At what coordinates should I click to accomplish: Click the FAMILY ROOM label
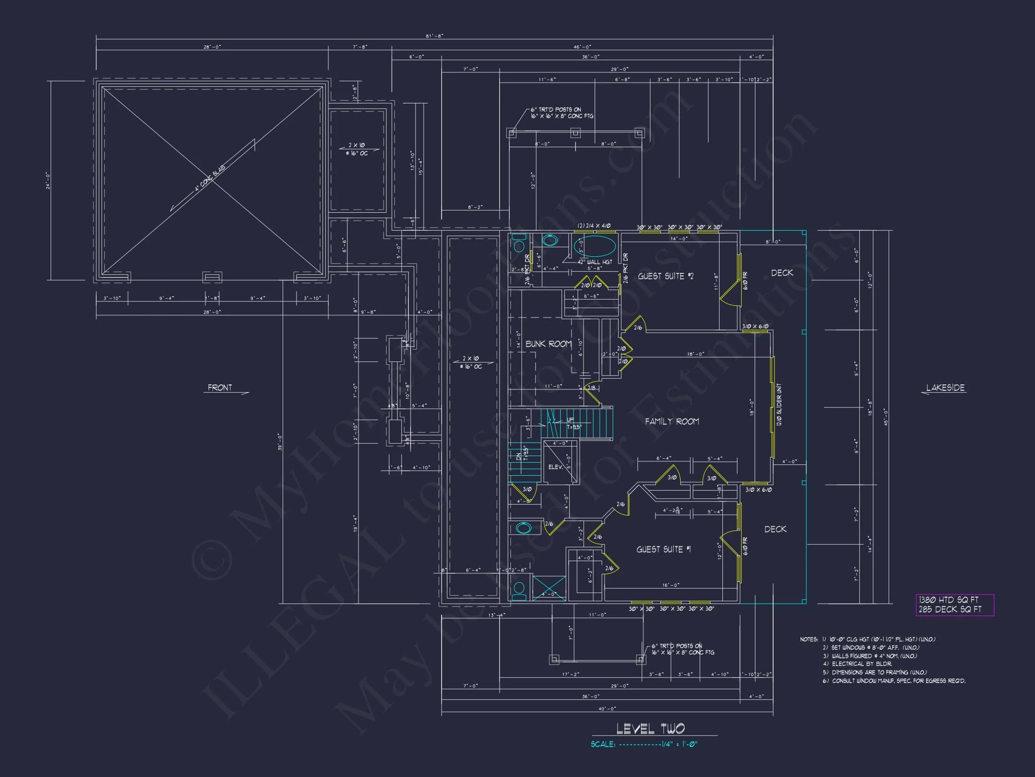pos(672,421)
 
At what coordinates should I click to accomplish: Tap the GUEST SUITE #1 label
pos(663,549)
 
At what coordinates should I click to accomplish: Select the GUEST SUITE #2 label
pos(665,277)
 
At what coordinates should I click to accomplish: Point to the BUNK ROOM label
pos(548,344)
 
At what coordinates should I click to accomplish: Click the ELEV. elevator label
pos(555,467)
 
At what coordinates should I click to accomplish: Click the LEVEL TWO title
pos(650,729)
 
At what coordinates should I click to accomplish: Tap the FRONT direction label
pos(220,388)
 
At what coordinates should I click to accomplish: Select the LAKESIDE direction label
pos(945,388)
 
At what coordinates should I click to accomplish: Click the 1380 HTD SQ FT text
pos(948,600)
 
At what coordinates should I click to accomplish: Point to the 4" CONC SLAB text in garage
pos(210,179)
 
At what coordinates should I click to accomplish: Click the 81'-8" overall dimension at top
pos(434,36)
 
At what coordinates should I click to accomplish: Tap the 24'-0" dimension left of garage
pos(48,180)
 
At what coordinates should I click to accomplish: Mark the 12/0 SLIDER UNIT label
pos(779,405)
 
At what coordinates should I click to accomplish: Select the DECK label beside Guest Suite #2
pos(782,272)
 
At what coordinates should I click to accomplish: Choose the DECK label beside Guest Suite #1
pos(775,529)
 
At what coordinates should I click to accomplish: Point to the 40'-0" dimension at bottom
pos(607,709)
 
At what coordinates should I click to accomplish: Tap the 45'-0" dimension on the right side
pos(885,417)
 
